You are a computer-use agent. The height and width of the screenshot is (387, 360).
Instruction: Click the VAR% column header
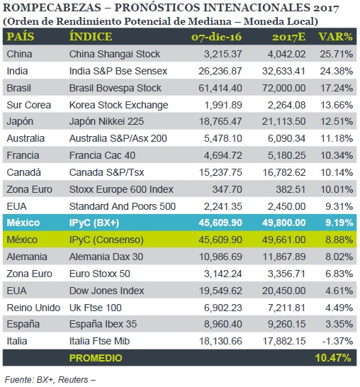coord(336,37)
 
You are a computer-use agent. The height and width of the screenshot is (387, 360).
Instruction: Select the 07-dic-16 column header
coord(216,37)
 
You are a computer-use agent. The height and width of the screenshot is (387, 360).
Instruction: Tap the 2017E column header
coord(288,37)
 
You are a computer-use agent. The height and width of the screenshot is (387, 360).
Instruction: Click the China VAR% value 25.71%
coord(337,54)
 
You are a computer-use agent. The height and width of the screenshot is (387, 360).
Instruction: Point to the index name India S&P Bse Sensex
coord(118,71)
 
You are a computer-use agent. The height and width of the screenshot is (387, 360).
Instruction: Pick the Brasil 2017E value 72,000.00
coord(283,88)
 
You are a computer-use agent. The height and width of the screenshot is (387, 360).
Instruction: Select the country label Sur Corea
coord(28,105)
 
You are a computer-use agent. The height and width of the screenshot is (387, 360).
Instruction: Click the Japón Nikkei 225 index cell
coord(106,121)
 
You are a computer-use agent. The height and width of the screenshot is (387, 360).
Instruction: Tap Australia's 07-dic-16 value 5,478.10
coord(223,138)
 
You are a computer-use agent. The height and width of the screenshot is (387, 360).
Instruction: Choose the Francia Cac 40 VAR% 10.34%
coord(337,155)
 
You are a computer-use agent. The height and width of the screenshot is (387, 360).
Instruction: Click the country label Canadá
coord(23,172)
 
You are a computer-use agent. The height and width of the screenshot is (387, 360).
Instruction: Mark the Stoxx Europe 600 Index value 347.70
coord(227,189)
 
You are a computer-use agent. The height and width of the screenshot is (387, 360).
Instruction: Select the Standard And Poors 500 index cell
coord(123,206)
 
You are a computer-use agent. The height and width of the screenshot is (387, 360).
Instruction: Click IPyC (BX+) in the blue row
coord(94,223)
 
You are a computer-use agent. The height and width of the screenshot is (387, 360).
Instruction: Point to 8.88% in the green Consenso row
coord(339,240)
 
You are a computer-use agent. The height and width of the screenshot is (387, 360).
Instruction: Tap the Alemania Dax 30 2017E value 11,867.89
coord(284,257)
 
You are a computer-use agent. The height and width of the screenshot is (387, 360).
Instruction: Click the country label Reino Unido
coord(33,308)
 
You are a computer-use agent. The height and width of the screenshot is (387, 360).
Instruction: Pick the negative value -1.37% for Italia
coord(337,341)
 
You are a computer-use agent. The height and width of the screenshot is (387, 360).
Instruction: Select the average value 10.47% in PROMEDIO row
coord(333,358)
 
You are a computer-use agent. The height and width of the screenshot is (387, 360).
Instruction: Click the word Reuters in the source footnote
coord(73,380)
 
